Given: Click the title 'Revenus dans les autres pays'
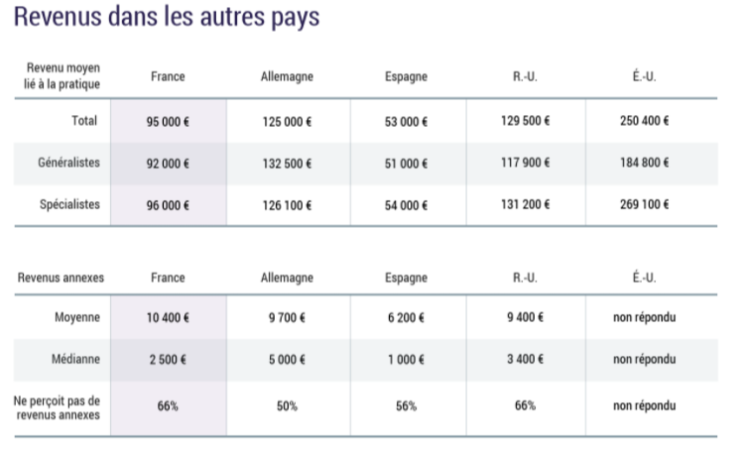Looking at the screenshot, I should [x=167, y=19].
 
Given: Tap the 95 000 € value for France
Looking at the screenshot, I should [x=168, y=122].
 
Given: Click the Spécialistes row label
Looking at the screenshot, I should [x=69, y=204].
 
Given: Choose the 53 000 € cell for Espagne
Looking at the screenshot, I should [x=406, y=122].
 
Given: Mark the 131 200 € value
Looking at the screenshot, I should [x=525, y=204].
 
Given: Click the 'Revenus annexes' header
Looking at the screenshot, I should [x=60, y=278].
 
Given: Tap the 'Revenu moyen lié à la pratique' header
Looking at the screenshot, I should [x=61, y=76].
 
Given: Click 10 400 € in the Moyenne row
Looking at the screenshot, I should [x=168, y=318].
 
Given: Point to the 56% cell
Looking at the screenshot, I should [x=406, y=406].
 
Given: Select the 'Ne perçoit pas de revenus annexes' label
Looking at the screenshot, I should [x=60, y=406].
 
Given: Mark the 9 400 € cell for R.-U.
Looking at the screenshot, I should [x=525, y=318].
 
